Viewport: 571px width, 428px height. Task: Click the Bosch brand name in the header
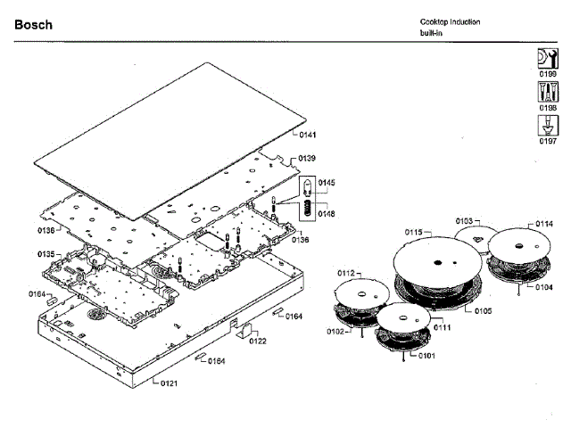click(x=33, y=25)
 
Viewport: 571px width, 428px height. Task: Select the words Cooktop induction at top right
click(x=451, y=21)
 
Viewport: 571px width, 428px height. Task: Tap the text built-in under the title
click(x=433, y=33)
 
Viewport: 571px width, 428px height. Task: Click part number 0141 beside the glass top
click(x=309, y=136)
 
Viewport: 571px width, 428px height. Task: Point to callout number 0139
click(x=307, y=158)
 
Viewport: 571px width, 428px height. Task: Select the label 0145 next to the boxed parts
click(x=327, y=182)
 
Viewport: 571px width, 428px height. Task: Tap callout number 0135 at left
click(x=46, y=254)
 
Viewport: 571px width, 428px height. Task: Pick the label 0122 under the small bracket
click(x=258, y=341)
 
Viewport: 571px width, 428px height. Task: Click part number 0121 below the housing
click(x=169, y=383)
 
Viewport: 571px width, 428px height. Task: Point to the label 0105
click(x=483, y=310)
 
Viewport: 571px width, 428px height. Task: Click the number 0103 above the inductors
click(x=465, y=220)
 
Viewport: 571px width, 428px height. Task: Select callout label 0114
click(x=544, y=224)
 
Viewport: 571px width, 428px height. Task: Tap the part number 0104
click(x=544, y=286)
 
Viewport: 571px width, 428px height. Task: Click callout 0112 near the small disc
click(x=346, y=272)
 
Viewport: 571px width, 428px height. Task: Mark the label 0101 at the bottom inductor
click(x=426, y=356)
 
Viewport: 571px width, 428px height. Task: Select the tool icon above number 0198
click(x=547, y=91)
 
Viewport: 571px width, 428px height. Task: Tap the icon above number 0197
click(x=547, y=125)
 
